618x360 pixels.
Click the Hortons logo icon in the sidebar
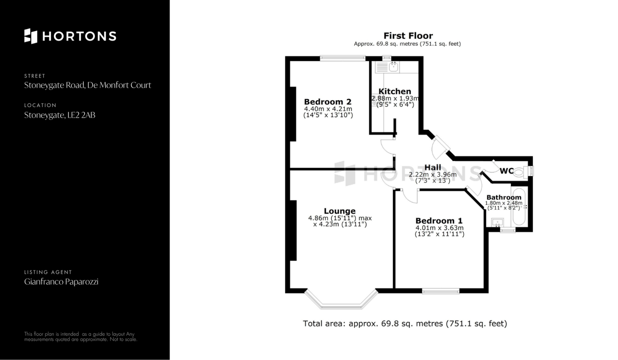[31, 36]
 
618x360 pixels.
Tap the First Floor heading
[408, 36]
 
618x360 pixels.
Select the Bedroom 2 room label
[327, 102]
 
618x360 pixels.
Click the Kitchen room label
[395, 91]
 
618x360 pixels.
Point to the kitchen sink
[394, 67]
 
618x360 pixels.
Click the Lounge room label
[340, 211]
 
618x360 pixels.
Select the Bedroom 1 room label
[439, 221]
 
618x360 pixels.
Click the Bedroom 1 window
[441, 291]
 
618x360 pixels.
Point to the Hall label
[433, 167]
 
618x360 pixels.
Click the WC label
[506, 171]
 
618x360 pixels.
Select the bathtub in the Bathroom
[518, 207]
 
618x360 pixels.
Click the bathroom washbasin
[497, 223]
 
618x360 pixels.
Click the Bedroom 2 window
[342, 58]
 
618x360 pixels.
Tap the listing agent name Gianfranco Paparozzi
[61, 282]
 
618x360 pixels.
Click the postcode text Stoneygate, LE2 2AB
[60, 115]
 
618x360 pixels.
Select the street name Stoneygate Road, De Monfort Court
[88, 85]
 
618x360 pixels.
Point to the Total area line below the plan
[405, 323]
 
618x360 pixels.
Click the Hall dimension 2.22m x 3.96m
[433, 175]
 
